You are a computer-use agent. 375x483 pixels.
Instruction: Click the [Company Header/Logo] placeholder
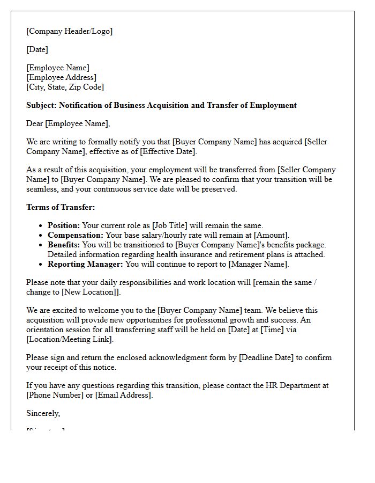70,31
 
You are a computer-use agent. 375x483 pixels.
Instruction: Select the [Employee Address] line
62,77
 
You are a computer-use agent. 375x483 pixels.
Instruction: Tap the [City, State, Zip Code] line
65,87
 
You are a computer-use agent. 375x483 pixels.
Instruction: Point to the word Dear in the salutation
35,123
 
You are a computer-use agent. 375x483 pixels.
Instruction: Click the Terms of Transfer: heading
61,207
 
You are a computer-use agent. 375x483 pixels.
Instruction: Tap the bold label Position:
64,225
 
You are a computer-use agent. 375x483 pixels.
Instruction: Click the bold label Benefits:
64,245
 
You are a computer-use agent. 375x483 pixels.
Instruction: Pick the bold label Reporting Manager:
85,264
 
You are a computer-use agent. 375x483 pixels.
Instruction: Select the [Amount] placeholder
272,235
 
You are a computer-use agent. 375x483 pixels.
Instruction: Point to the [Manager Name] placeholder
259,264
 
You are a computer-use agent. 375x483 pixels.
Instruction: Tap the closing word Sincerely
43,413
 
